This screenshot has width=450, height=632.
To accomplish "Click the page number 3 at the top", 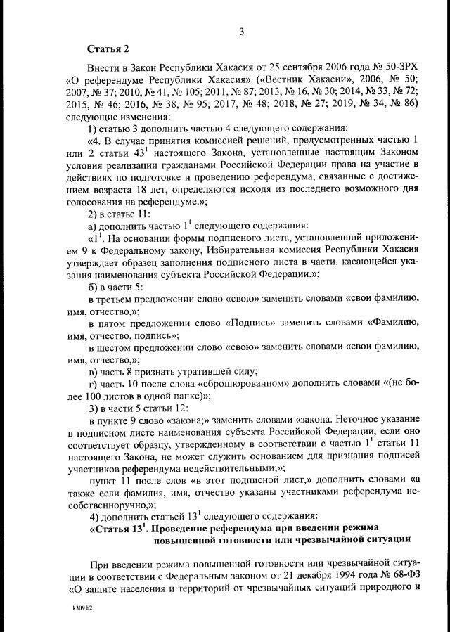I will click(x=241, y=31).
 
